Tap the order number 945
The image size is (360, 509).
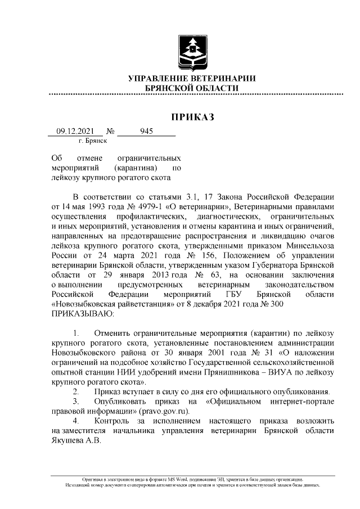coord(146,131)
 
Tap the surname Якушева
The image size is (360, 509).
coord(66,440)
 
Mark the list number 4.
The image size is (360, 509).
coord(76,421)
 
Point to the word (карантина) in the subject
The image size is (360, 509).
coord(136,168)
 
